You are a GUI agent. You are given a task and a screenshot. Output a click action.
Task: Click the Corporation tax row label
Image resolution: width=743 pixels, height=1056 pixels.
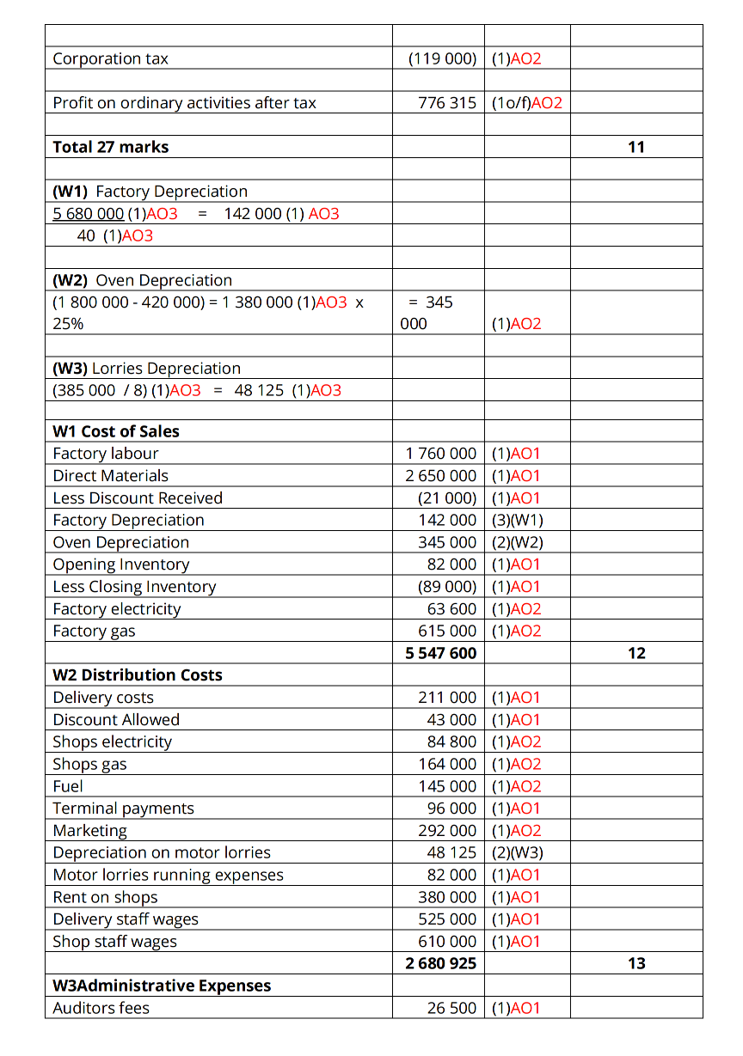tap(111, 58)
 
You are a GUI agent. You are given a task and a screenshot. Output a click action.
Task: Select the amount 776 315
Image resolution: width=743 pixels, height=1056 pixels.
tap(446, 103)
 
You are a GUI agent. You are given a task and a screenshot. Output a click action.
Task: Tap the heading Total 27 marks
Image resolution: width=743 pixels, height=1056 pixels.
tap(111, 147)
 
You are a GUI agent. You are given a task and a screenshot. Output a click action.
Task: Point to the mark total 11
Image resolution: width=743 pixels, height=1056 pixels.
tap(636, 147)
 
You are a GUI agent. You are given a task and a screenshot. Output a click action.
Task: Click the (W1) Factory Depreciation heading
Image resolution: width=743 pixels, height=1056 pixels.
tap(150, 192)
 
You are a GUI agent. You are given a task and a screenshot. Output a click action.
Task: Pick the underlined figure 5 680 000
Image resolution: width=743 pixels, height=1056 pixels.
tap(89, 214)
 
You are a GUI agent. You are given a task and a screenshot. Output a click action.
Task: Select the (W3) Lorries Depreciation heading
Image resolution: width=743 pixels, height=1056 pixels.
tap(147, 369)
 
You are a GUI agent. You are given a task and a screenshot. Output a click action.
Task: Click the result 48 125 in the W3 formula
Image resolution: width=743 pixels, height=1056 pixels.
tap(261, 391)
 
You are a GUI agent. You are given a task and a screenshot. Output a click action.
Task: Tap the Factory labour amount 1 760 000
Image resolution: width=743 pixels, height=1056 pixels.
tap(440, 454)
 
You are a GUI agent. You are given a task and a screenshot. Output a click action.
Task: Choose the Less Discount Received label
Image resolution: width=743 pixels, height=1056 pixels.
tap(138, 498)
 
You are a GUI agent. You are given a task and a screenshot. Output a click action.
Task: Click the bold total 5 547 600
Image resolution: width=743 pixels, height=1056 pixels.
tap(440, 653)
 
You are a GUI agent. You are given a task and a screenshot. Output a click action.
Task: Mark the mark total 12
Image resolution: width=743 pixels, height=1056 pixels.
tap(636, 653)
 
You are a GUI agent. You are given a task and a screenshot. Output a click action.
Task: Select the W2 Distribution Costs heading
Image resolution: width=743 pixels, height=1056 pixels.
tap(138, 675)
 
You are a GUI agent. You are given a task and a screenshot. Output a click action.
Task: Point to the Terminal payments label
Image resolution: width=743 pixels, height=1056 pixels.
tap(124, 809)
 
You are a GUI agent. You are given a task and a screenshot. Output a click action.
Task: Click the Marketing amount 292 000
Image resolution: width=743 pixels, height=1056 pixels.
tap(446, 831)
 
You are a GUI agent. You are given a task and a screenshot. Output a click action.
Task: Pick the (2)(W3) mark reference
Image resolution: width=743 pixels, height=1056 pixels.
tap(517, 853)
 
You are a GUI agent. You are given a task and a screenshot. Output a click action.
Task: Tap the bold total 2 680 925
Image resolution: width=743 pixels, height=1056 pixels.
tap(440, 963)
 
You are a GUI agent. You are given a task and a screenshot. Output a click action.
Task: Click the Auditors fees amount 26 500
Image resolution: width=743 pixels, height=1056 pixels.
tap(451, 1008)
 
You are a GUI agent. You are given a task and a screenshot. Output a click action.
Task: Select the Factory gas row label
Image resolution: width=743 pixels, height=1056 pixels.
tap(95, 632)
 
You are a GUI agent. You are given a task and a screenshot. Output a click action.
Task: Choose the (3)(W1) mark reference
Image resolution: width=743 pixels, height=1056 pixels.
tap(517, 520)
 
